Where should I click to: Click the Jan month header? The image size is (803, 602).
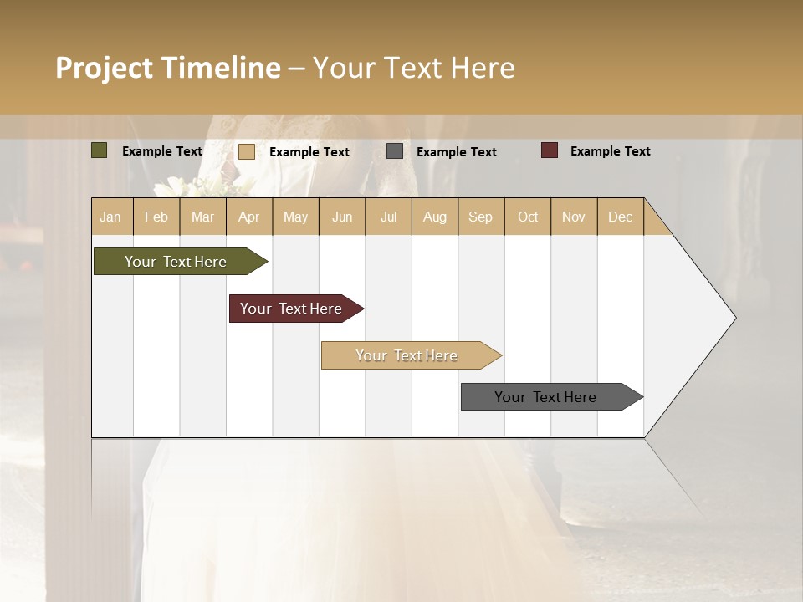point(110,217)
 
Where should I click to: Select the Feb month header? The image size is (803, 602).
point(156,217)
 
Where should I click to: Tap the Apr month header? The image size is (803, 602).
point(249,217)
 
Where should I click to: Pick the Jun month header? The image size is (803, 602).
point(342,217)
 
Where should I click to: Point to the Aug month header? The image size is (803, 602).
point(435,217)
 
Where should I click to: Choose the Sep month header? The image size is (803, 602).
point(481,217)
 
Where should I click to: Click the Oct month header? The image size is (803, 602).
point(528,217)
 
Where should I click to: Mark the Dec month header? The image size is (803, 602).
point(621,217)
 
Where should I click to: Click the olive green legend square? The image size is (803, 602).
point(100,150)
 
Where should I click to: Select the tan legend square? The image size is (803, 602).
point(247,151)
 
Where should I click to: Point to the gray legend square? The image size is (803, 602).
point(395,151)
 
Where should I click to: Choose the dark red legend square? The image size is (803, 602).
point(550,150)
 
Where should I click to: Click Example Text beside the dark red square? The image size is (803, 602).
point(611,151)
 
